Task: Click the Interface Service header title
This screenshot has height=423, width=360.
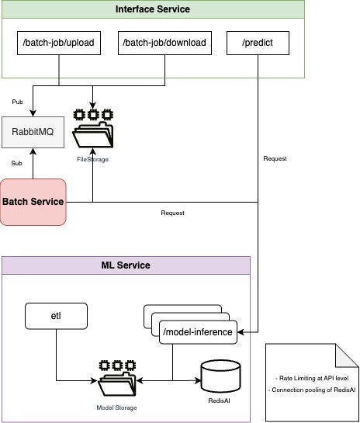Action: (x=152, y=9)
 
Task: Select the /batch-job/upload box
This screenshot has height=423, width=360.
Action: (x=59, y=42)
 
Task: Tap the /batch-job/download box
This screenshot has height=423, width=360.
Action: (x=164, y=42)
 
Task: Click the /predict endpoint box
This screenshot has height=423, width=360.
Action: (x=257, y=42)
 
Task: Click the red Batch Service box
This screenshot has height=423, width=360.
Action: (x=33, y=202)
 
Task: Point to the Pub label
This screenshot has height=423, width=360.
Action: (x=18, y=102)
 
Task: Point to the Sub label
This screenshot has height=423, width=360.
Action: (x=16, y=164)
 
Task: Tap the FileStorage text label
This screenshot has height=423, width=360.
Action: (x=92, y=158)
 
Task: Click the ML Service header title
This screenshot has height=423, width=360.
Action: (x=126, y=265)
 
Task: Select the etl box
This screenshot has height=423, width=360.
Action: (x=56, y=316)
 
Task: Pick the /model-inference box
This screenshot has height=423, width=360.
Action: (x=198, y=332)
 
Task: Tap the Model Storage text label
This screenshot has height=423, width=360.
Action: (x=117, y=407)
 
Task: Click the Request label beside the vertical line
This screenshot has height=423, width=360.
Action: (x=275, y=158)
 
